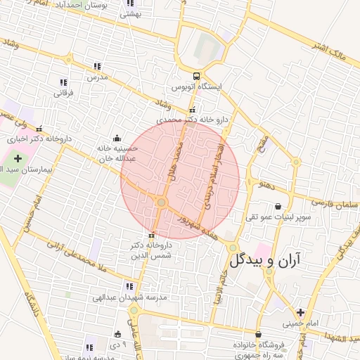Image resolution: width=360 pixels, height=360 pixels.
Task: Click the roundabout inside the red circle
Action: [162, 203]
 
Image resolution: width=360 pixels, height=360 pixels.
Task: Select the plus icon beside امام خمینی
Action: [301, 312]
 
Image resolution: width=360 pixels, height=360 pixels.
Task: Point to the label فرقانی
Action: [63, 93]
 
